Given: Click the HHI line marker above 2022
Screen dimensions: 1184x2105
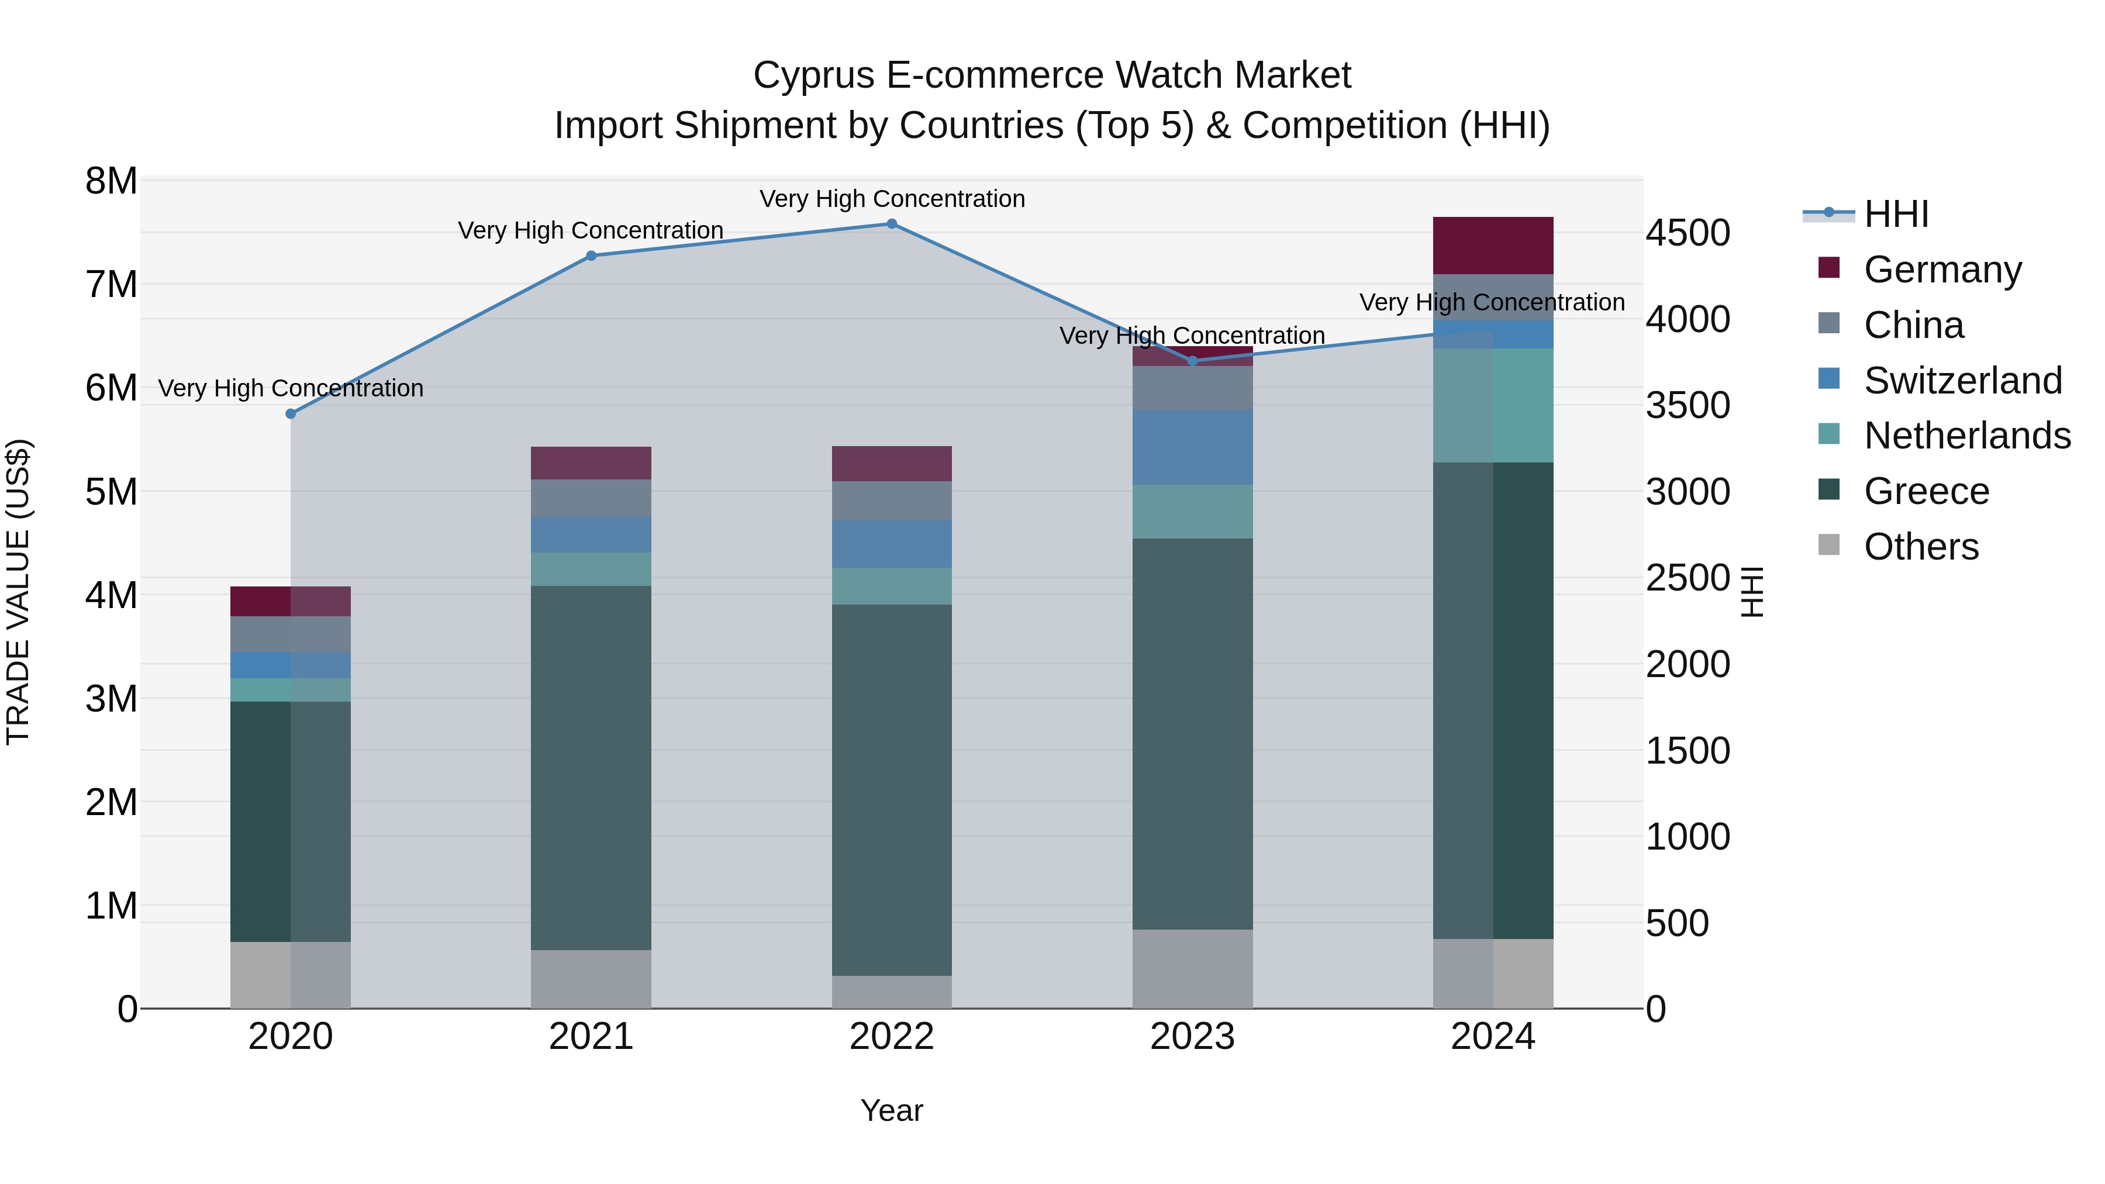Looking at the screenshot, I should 892,224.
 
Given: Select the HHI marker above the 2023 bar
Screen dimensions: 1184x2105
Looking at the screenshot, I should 1192,360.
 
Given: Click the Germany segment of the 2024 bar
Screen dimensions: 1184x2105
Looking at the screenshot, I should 1493,245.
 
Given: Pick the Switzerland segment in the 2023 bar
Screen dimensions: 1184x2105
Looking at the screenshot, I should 1192,447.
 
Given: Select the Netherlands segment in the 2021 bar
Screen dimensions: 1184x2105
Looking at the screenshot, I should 591,569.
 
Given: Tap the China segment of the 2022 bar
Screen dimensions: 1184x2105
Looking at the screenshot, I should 892,500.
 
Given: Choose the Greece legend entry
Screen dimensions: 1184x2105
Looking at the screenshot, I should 1926,491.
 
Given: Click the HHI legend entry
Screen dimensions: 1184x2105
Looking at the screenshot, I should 1896,214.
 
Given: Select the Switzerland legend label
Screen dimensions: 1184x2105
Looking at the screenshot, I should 1963,381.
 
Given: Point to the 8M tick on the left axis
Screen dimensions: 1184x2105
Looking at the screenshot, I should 111,181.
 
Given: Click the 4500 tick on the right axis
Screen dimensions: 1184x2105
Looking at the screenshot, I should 1688,233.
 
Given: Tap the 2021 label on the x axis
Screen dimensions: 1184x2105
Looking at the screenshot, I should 591,1037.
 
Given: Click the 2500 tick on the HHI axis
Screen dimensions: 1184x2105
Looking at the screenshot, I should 1688,578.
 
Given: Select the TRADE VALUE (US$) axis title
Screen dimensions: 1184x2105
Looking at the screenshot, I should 18,592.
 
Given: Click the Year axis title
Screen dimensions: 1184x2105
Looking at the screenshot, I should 892,1110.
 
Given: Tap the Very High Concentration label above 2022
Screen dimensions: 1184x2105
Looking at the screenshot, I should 892,199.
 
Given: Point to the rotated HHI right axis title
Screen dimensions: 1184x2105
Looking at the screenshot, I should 1752,592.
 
